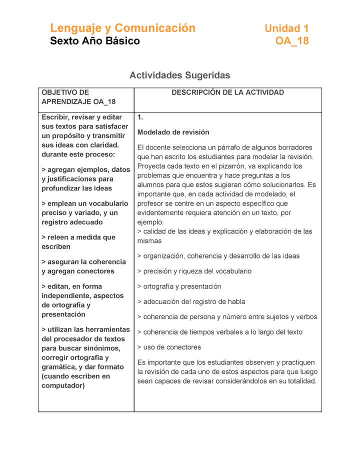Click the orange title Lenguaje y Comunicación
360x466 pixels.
(122, 28)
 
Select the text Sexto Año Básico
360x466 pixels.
(95, 41)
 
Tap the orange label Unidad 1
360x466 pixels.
(286, 28)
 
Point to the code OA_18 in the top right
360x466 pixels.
(292, 41)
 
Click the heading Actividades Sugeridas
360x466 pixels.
(179, 75)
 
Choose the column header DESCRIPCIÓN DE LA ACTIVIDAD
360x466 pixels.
(227, 92)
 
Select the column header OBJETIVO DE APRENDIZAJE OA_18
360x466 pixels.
(78, 97)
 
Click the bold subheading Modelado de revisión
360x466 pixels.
(173, 132)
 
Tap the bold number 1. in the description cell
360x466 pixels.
(140, 117)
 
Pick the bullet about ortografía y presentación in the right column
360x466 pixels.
(179, 286)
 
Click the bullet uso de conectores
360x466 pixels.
(169, 347)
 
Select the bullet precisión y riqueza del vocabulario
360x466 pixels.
(194, 271)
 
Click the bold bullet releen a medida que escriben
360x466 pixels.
(78, 242)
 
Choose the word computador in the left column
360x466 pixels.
(63, 385)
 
